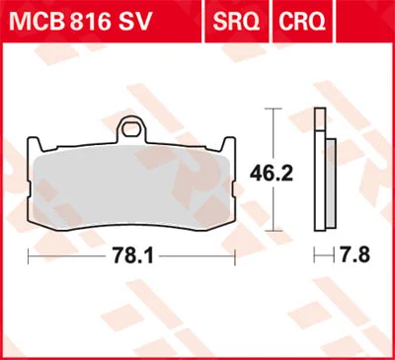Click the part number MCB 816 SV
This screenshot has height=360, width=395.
click(x=81, y=22)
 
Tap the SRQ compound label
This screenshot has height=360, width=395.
click(x=236, y=22)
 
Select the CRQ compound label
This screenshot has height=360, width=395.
click(x=302, y=22)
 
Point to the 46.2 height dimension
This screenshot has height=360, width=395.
click(x=272, y=174)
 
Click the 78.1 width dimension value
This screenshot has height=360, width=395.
click(x=133, y=255)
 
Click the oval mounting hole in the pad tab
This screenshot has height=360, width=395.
click(x=132, y=127)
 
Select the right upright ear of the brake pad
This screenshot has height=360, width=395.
click(x=228, y=144)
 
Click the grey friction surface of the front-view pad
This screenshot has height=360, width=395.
click(x=131, y=191)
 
